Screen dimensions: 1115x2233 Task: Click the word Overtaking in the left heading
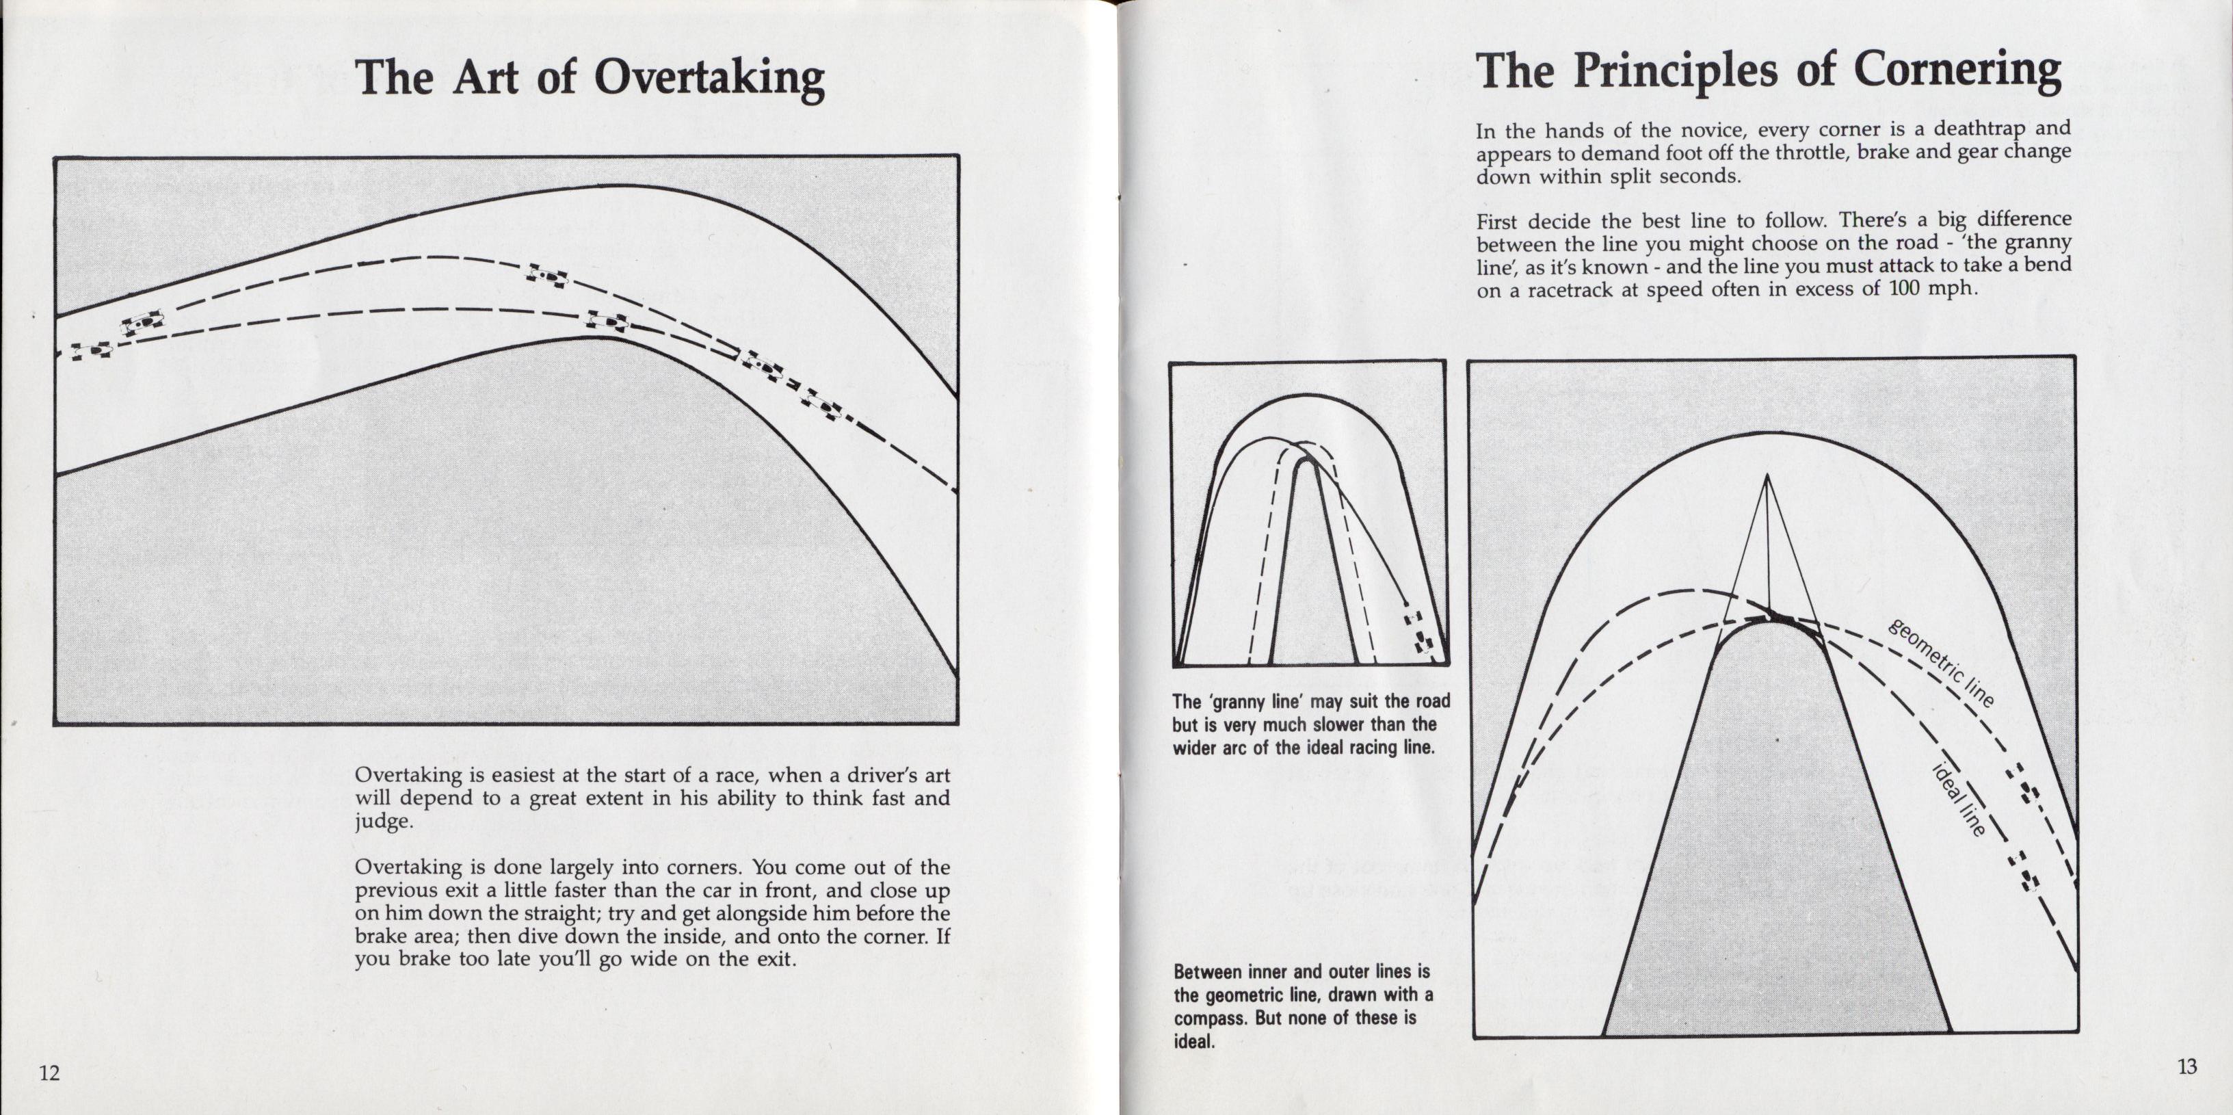coord(709,78)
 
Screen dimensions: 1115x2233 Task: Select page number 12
coord(49,1073)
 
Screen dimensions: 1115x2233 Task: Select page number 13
coord(2187,1066)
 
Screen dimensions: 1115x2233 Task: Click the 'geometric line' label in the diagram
coord(1942,664)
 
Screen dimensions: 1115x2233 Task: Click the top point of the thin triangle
coord(1766,476)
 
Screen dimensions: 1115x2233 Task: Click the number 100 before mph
coord(1905,288)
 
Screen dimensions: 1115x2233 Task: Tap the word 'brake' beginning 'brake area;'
coord(382,936)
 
